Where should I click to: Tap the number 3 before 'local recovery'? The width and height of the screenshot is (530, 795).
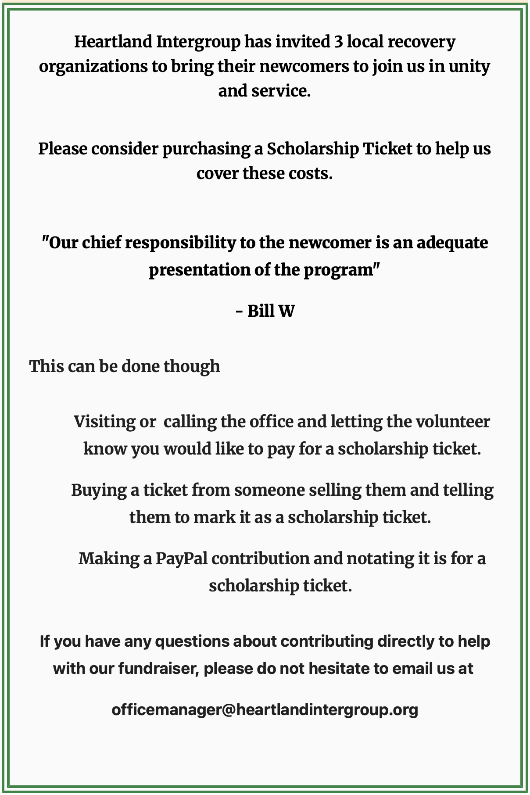338,42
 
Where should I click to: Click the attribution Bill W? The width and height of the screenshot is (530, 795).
271,311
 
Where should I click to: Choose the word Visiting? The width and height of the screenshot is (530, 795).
104,422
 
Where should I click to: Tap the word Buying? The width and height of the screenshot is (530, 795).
99,490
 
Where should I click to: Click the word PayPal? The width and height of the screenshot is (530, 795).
182,559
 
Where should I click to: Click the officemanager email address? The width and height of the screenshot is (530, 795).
265,709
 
